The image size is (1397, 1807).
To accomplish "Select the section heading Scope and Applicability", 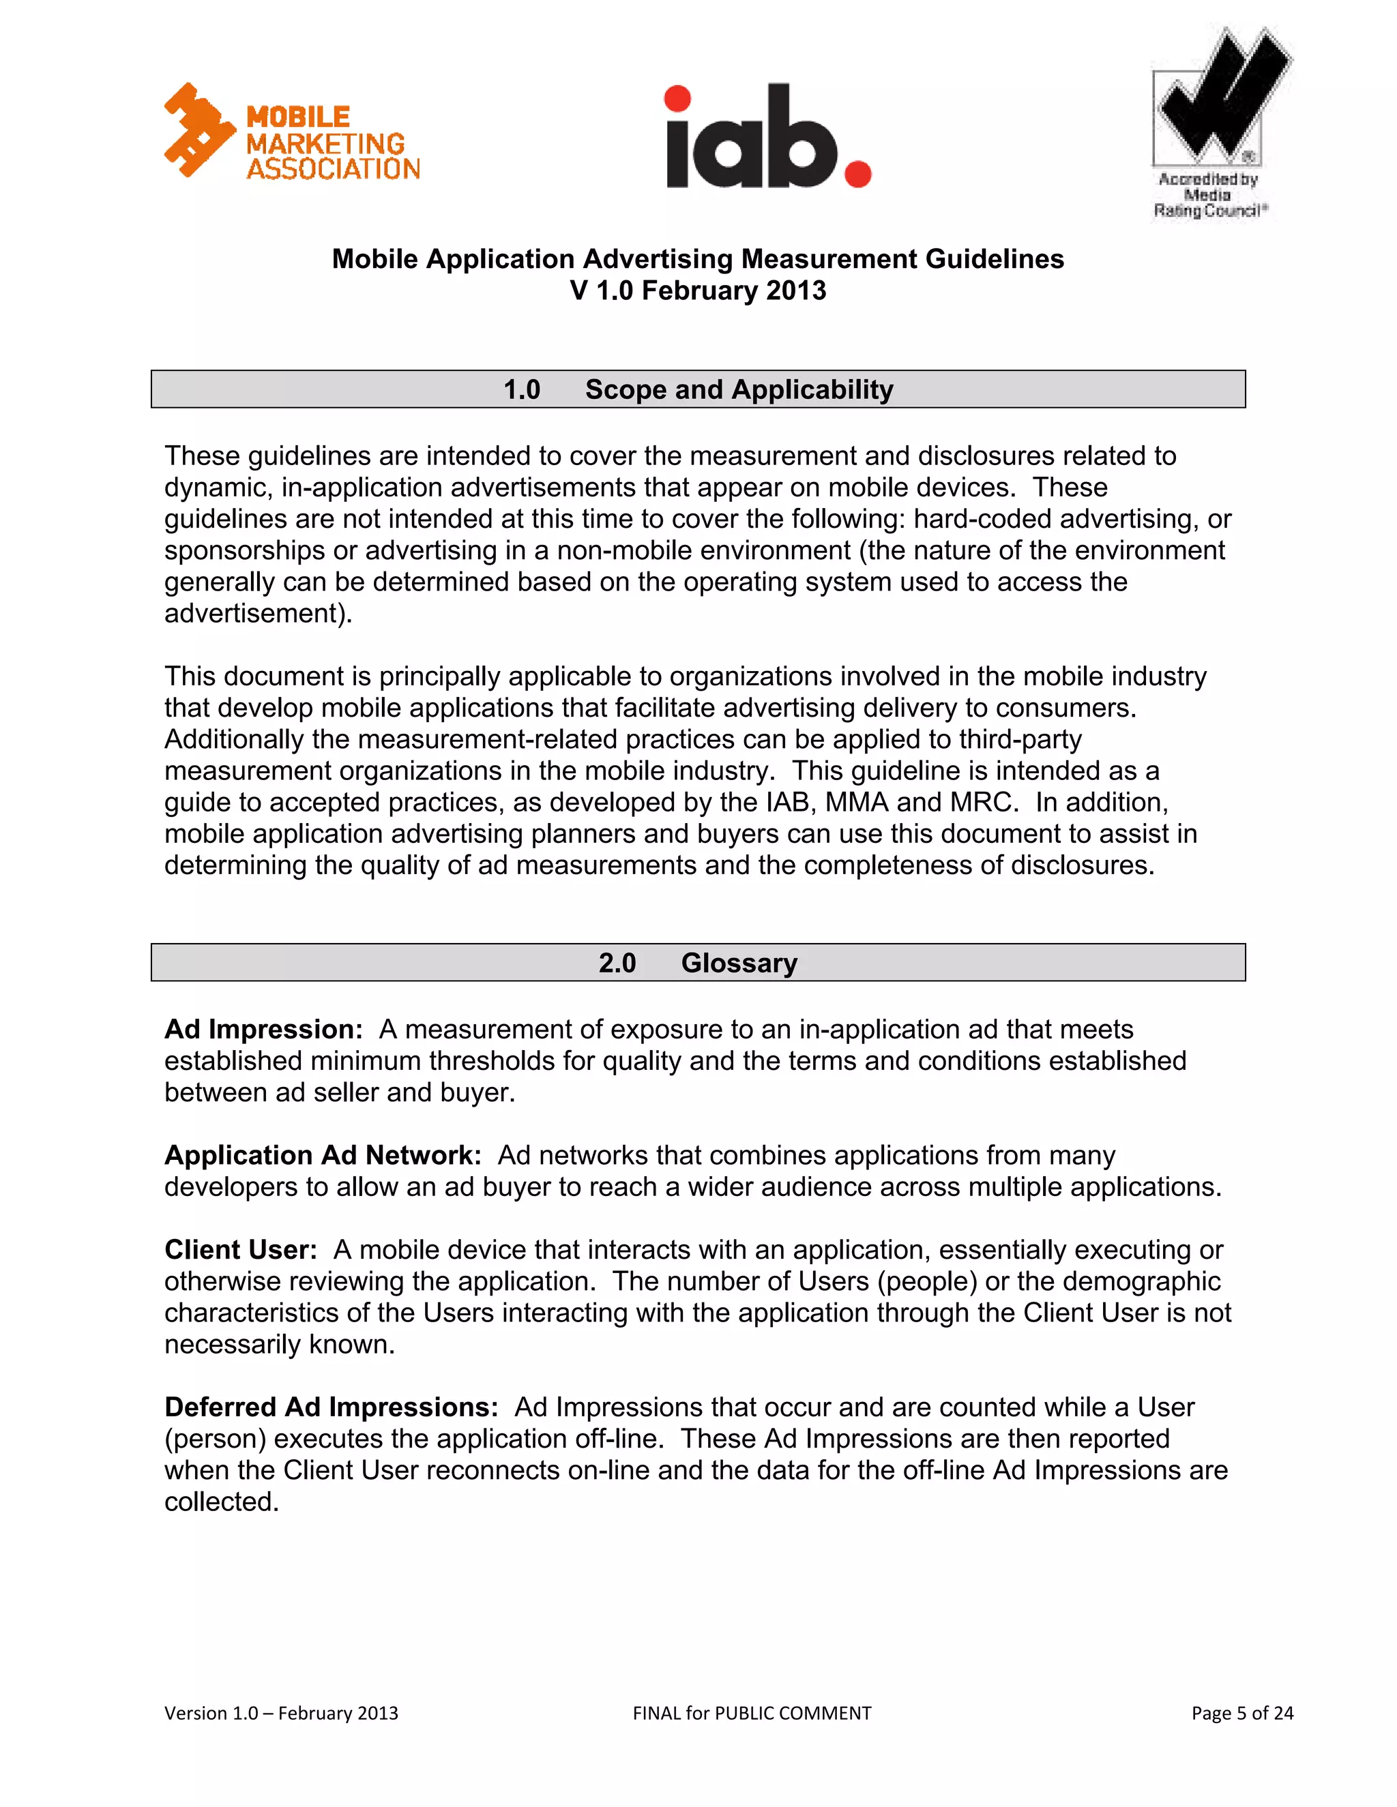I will tap(738, 389).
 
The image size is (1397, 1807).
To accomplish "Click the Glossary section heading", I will tap(738, 963).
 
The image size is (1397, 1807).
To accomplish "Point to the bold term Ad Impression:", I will tap(263, 1029).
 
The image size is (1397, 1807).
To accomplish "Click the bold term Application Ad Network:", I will tap(323, 1155).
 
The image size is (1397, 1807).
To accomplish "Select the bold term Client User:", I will tap(241, 1249).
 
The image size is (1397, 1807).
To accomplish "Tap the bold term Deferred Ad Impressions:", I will tap(331, 1407).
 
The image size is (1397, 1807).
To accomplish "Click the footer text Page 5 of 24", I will tap(1241, 1713).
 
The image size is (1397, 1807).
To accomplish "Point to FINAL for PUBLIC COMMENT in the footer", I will tap(752, 1713).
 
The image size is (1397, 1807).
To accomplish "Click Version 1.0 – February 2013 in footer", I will tap(282, 1713).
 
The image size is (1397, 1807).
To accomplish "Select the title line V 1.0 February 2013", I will tap(698, 290).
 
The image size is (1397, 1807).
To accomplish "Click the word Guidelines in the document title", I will tap(994, 259).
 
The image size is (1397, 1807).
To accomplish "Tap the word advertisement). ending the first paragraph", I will tap(259, 613).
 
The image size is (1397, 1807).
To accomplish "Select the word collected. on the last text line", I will tap(222, 1501).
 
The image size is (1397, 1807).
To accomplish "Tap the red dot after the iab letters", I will tap(857, 174).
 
